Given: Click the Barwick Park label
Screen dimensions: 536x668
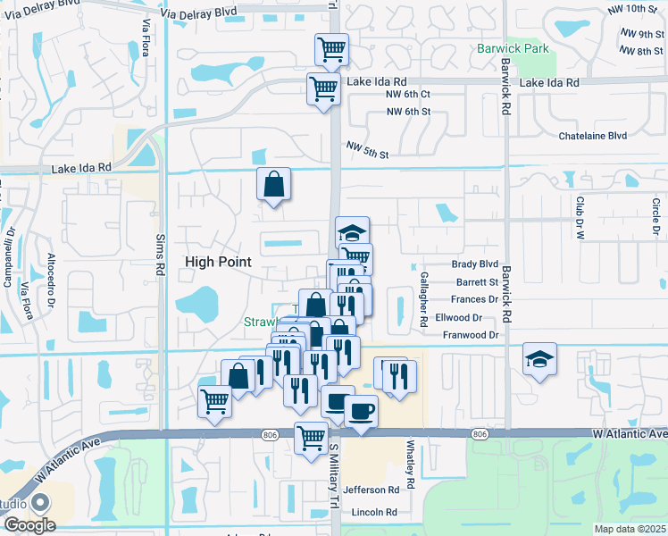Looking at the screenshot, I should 513,48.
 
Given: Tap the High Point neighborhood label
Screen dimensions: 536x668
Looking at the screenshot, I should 219,261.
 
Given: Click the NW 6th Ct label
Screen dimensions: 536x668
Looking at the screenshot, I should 407,94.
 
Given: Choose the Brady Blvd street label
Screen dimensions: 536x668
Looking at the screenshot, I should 474,264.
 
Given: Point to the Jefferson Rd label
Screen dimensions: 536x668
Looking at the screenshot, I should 371,490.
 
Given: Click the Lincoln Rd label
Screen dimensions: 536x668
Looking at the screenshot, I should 373,512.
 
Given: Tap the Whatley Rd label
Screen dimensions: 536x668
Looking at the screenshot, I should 412,464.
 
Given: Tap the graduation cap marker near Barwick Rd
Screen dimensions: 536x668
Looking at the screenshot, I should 539,359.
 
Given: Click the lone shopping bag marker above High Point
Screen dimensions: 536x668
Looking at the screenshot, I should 274,185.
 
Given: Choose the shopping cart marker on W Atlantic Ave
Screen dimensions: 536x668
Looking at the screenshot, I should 311,438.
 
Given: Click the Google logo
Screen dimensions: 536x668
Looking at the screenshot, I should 29,525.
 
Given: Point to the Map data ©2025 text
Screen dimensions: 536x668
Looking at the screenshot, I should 630,529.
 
